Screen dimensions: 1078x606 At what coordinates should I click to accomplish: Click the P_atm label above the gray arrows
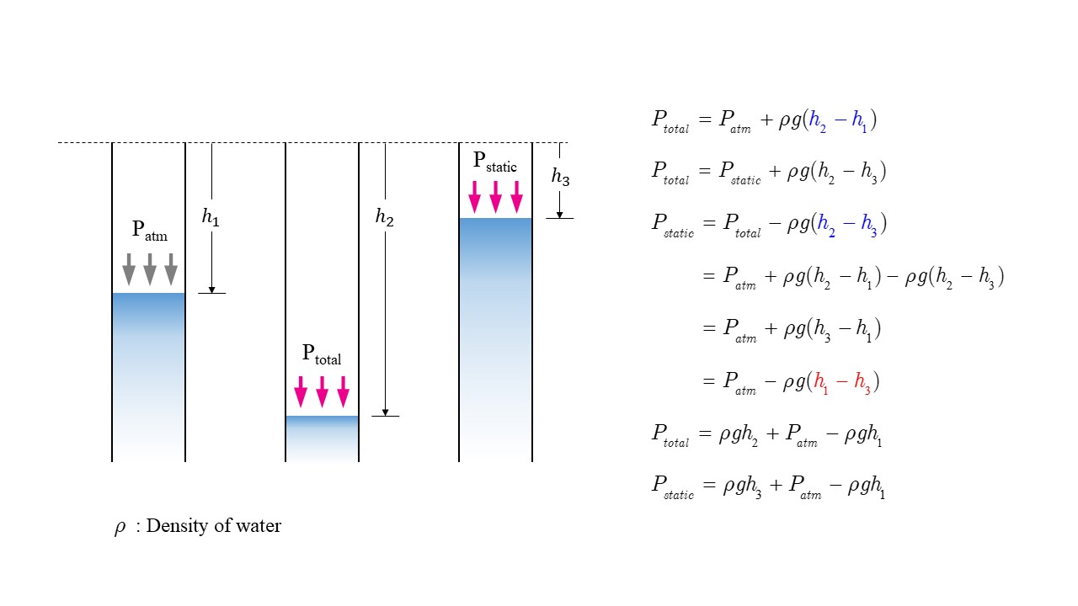149,231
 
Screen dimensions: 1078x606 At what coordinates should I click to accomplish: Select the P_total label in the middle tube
321,354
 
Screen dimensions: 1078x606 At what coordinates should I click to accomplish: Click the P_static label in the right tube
494,162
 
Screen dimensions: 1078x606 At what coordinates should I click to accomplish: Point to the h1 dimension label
210,217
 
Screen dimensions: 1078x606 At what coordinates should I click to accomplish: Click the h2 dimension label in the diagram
384,217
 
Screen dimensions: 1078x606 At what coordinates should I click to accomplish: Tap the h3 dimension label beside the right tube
560,177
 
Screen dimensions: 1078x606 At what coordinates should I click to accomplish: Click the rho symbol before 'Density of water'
120,527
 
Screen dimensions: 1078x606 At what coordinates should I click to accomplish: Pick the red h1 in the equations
819,382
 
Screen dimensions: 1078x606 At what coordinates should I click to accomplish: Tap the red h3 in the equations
862,382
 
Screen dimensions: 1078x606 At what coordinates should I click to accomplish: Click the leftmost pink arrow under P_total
301,392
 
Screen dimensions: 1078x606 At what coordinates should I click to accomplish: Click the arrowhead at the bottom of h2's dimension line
385,412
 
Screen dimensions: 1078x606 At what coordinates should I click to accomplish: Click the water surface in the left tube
148,294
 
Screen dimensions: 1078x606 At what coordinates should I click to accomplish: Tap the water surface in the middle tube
322,417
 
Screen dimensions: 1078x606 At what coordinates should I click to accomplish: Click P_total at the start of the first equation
670,120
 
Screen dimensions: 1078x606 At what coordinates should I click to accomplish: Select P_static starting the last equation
673,486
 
